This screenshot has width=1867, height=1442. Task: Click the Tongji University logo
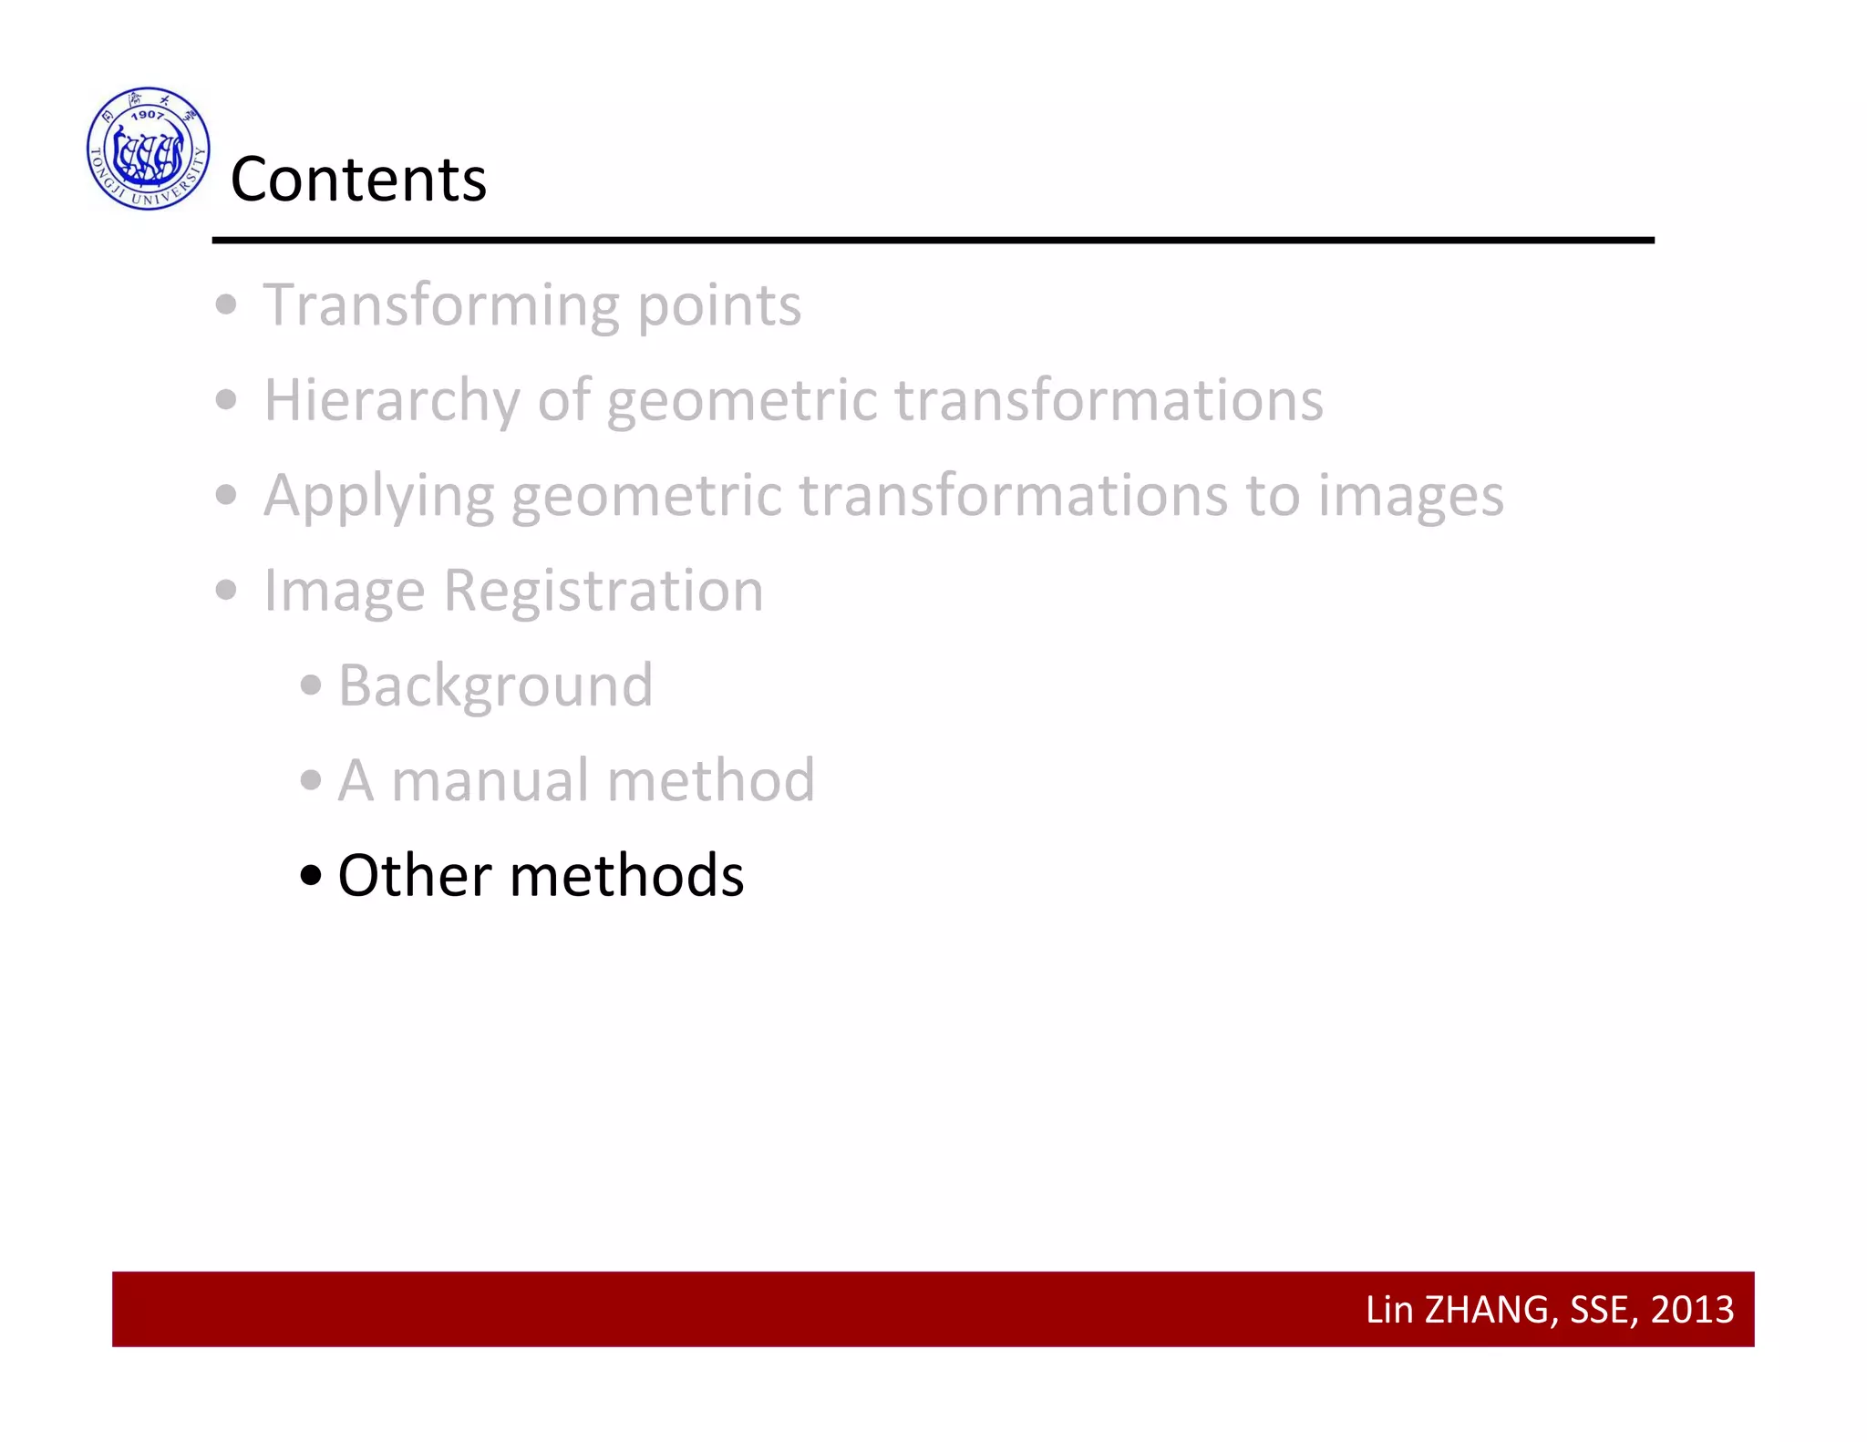point(149,149)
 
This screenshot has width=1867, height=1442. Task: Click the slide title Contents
point(358,179)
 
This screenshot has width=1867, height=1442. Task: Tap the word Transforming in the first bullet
point(441,305)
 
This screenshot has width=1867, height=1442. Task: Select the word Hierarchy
point(391,401)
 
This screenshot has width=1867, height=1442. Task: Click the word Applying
point(378,497)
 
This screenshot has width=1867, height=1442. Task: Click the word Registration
point(603,592)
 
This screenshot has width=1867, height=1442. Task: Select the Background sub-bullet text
point(495,685)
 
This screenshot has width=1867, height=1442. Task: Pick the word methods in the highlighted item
point(626,876)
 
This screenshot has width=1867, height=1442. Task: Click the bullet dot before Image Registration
point(226,591)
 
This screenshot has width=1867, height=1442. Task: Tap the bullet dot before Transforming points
point(226,304)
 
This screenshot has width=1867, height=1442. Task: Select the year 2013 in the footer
point(1692,1310)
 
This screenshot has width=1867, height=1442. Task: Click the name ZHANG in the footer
point(1486,1310)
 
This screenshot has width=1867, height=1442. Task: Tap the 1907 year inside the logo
point(147,115)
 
